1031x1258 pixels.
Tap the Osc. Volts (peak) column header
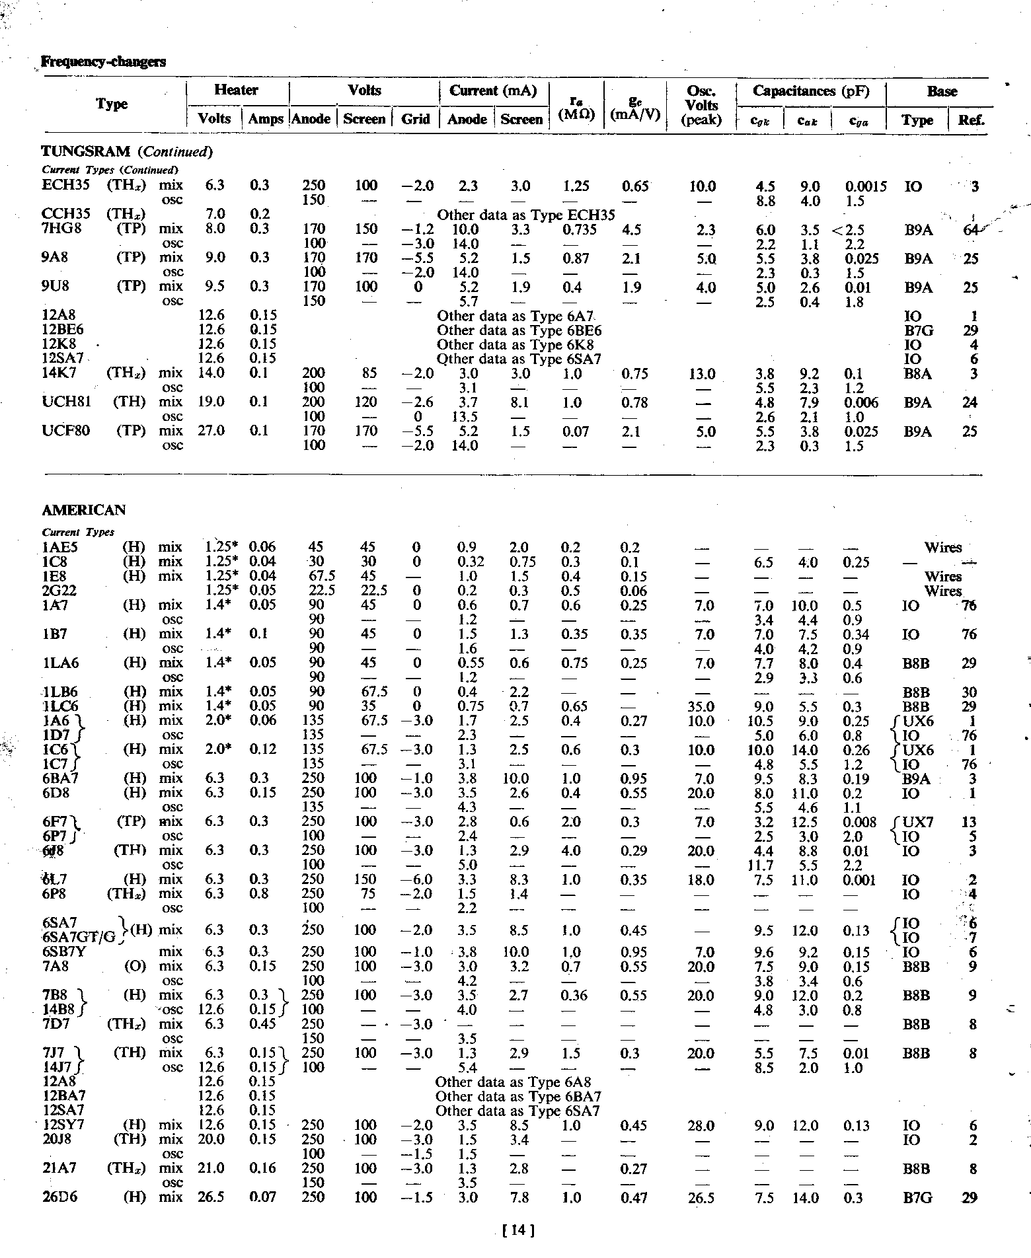pyautogui.click(x=701, y=105)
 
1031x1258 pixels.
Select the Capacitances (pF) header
pyautogui.click(x=811, y=91)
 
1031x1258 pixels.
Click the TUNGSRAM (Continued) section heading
pyautogui.click(x=127, y=152)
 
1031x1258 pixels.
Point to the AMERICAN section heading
pyautogui.click(x=83, y=510)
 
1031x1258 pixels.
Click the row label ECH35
pyautogui.click(x=65, y=186)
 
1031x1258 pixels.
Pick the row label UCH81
pyautogui.click(x=66, y=402)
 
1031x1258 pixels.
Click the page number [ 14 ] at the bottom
pyautogui.click(x=517, y=1230)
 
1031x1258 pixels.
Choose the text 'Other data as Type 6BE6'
pyautogui.click(x=519, y=330)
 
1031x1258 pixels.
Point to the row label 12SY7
pyautogui.click(x=63, y=1125)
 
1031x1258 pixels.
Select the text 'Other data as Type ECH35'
pyautogui.click(x=526, y=215)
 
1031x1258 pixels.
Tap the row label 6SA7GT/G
pyautogui.click(x=78, y=937)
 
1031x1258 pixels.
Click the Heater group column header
pyautogui.click(x=236, y=90)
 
